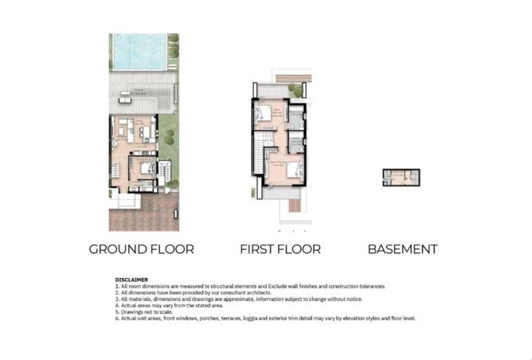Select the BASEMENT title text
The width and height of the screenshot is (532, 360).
click(x=402, y=249)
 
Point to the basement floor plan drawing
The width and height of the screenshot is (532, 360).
click(x=401, y=177)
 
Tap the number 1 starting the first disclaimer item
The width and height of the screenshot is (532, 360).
click(x=116, y=285)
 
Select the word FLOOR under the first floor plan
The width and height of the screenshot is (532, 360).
click(x=299, y=249)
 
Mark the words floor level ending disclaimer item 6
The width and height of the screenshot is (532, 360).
click(x=403, y=319)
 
